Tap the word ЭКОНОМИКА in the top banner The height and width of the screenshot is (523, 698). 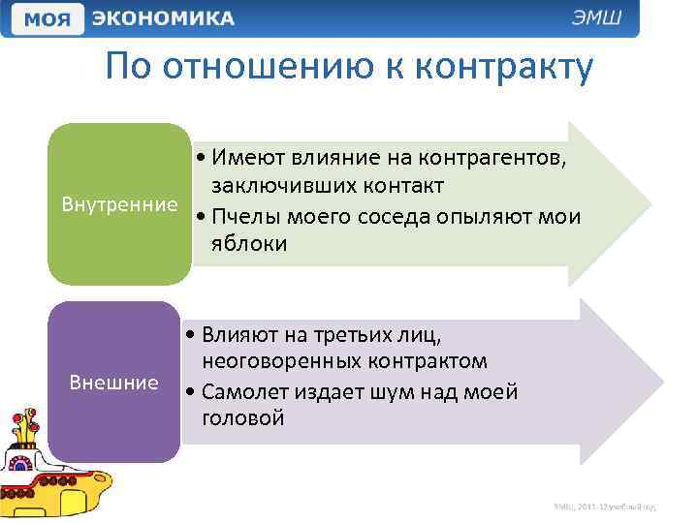[164, 19]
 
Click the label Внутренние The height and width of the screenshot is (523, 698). [119, 204]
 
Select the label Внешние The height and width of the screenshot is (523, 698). [114, 382]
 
